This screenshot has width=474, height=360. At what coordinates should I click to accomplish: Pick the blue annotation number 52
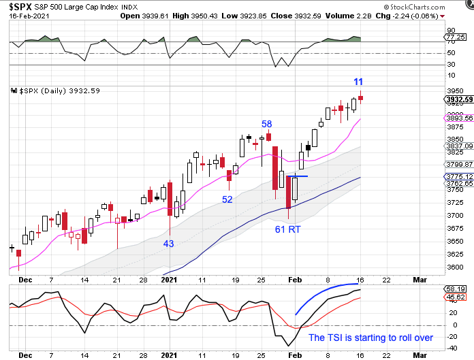pos(226,199)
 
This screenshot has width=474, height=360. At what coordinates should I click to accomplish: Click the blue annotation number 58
pos(268,124)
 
